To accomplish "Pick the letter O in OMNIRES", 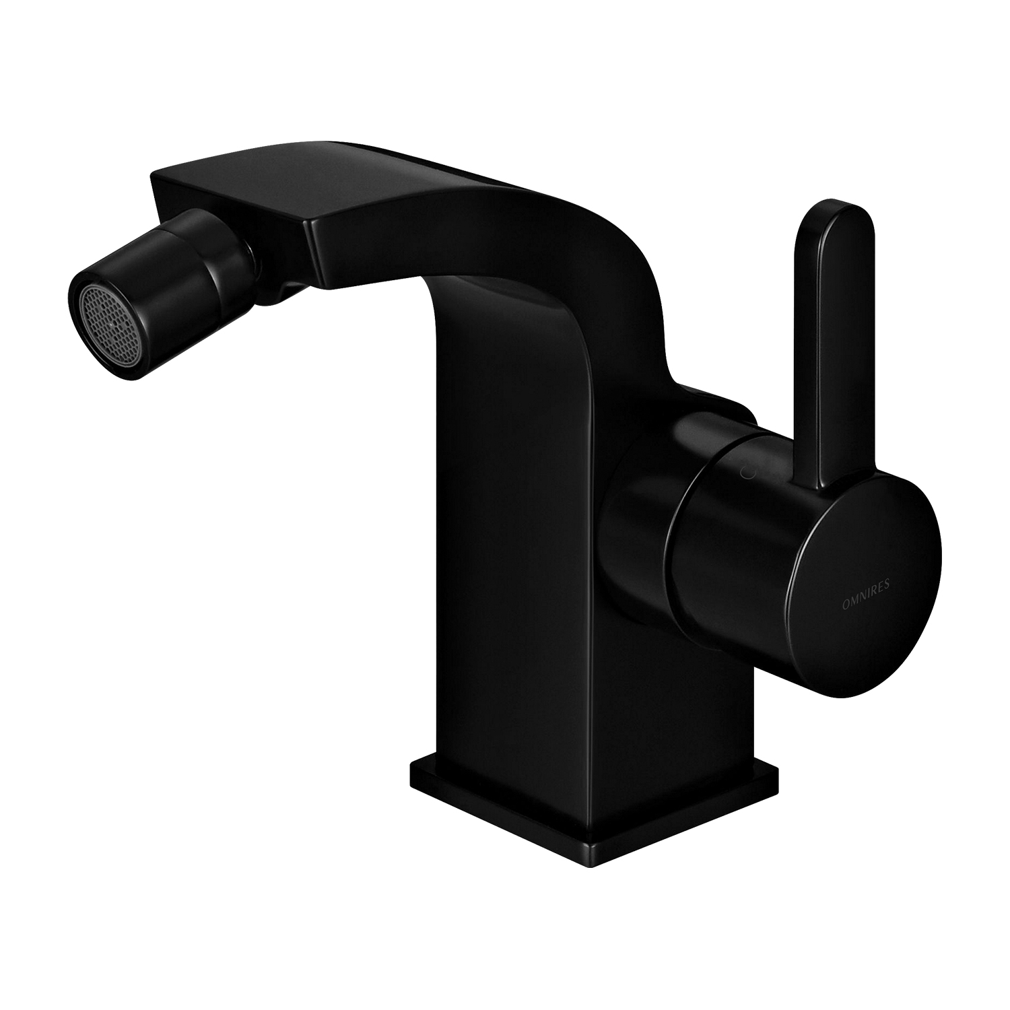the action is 845,591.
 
